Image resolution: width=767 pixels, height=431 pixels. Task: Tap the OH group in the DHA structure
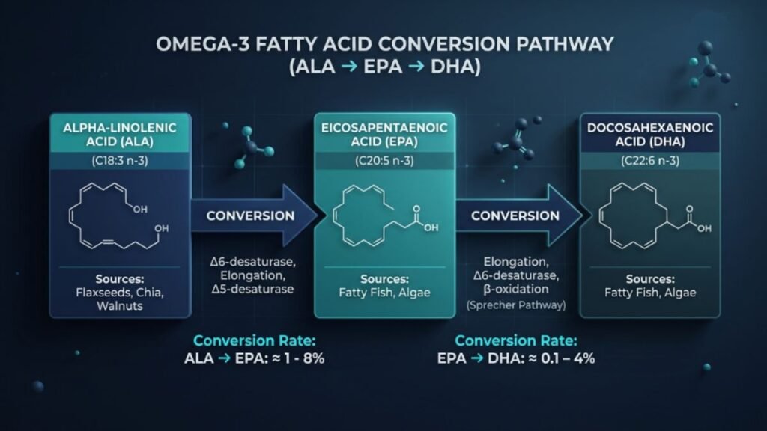[703, 228]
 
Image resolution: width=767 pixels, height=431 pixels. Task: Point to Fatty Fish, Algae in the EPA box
[383, 293]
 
